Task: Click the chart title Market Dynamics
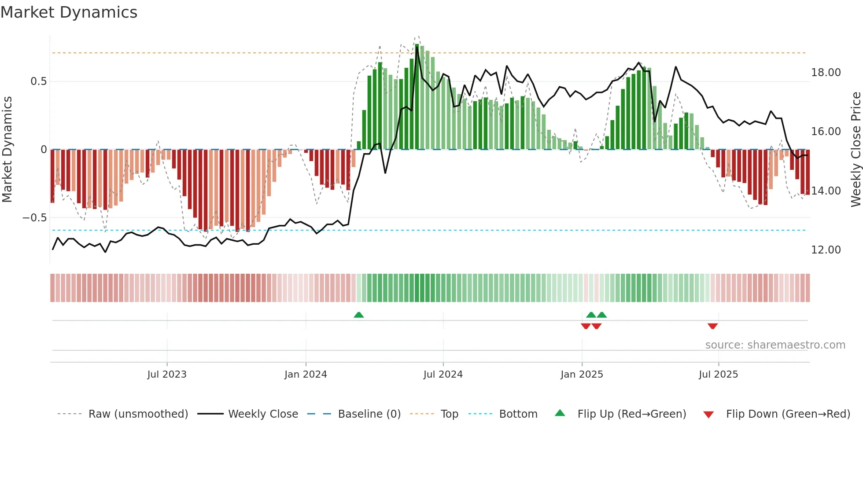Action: pyautogui.click(x=69, y=12)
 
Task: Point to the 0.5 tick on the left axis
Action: pyautogui.click(x=38, y=81)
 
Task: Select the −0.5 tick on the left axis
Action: pyautogui.click(x=34, y=218)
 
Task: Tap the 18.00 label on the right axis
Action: pyautogui.click(x=826, y=73)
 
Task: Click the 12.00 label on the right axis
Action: pyautogui.click(x=826, y=250)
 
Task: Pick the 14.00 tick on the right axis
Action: pyautogui.click(x=826, y=191)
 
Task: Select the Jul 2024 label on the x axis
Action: pyautogui.click(x=443, y=375)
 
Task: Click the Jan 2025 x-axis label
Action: pyautogui.click(x=581, y=375)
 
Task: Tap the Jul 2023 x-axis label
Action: pyautogui.click(x=166, y=375)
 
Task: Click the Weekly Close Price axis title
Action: pyautogui.click(x=856, y=150)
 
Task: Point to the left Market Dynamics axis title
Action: pyautogui.click(x=7, y=150)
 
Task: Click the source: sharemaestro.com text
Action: pyautogui.click(x=775, y=345)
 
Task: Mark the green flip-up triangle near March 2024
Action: pyautogui.click(x=359, y=315)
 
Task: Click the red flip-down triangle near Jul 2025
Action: pyautogui.click(x=712, y=326)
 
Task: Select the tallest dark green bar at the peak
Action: pyautogui.click(x=417, y=97)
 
